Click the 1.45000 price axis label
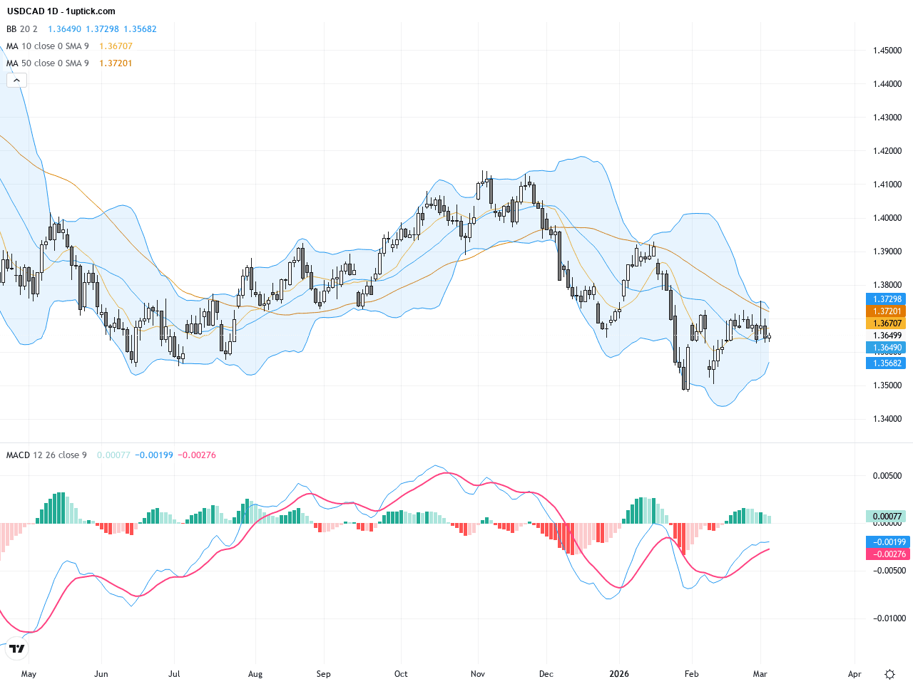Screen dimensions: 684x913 point(887,51)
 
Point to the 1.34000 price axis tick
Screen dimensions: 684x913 point(887,419)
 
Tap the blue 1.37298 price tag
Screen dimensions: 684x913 point(885,299)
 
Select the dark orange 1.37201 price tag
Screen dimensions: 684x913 point(885,311)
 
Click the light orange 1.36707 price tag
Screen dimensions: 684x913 point(885,323)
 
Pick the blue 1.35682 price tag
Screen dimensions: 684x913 point(885,363)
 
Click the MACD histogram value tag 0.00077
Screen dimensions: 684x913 point(885,517)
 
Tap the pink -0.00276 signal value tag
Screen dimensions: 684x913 point(885,554)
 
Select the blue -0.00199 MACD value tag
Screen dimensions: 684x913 point(885,542)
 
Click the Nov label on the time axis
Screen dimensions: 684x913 point(478,674)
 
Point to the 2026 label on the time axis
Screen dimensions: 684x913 point(619,674)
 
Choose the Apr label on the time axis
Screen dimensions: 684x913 point(855,674)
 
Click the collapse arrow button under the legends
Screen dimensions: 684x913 point(16,81)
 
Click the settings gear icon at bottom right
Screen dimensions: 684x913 point(889,674)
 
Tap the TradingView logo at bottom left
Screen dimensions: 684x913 point(16,648)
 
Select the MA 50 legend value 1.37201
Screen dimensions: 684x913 point(116,63)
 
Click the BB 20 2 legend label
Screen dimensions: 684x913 point(21,29)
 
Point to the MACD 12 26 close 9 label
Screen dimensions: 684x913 point(46,455)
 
